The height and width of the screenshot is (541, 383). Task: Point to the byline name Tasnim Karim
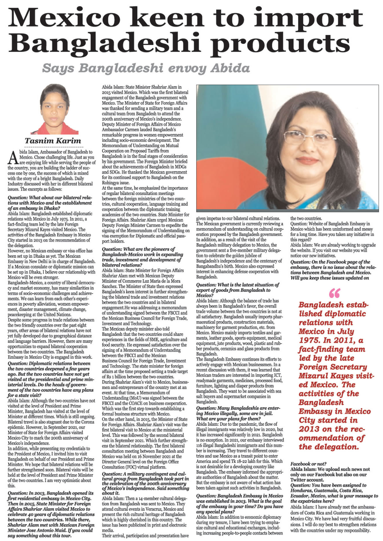pos(53,141)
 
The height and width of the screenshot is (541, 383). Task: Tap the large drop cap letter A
pos(13,158)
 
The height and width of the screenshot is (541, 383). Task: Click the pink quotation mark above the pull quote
pos(335,293)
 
